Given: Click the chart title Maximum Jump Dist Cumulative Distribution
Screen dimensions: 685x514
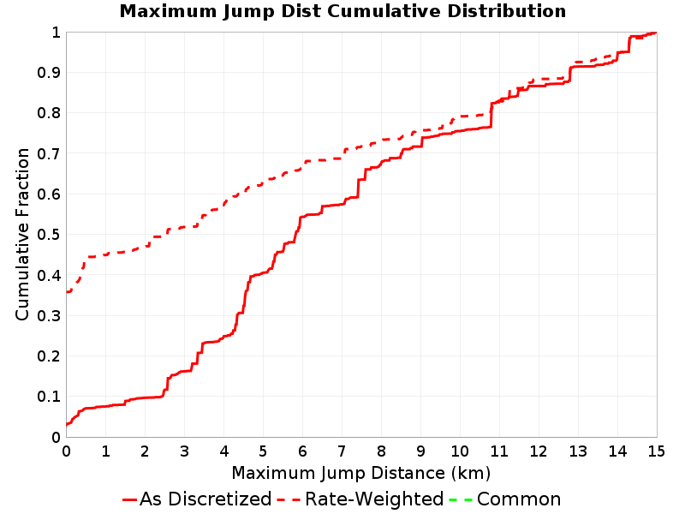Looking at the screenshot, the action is point(343,11).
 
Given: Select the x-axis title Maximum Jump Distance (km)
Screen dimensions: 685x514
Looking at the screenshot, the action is point(360,473).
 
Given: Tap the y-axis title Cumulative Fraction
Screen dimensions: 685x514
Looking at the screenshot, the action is point(22,234).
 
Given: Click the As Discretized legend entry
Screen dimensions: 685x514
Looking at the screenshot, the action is point(197,499).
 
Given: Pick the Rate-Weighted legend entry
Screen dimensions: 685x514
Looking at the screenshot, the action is point(360,499).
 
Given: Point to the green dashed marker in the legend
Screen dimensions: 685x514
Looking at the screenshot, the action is point(461,499).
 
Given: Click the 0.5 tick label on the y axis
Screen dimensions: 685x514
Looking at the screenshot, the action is point(49,235).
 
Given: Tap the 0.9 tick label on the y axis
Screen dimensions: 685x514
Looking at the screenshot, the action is point(49,73).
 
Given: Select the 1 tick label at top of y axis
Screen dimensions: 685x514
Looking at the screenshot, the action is point(56,33).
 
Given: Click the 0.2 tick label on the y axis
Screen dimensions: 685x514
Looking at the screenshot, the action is point(49,356).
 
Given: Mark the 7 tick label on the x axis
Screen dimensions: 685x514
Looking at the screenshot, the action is point(342,451).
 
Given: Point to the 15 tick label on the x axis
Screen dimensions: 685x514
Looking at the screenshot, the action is point(656,451).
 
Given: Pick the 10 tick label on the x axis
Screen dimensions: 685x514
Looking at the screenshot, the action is point(460,451).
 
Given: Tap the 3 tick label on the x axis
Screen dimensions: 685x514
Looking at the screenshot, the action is point(184,451).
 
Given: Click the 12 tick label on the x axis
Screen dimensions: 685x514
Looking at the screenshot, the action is point(539,451).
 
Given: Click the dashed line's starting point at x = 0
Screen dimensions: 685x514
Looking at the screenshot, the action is point(67,291).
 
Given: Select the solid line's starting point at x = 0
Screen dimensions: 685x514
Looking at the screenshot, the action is point(67,424).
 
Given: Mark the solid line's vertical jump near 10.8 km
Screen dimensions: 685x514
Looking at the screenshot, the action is point(491,116).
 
